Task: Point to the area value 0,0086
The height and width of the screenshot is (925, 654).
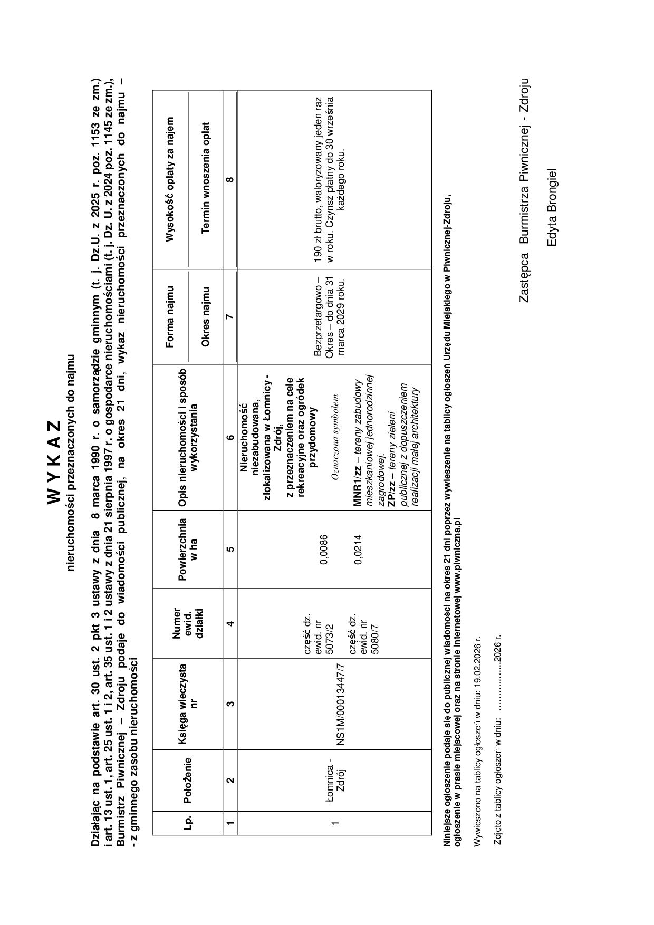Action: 324,550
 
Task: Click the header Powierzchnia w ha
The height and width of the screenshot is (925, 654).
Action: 188,550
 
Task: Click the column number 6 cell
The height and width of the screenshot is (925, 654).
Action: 230,437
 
